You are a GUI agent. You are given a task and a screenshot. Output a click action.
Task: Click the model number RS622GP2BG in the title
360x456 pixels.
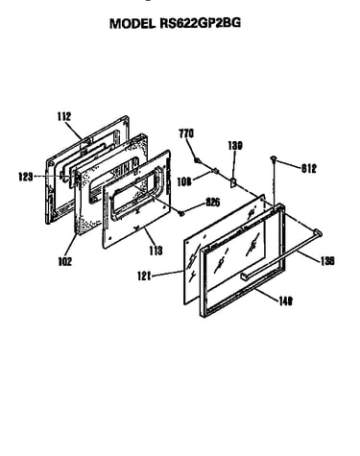point(200,23)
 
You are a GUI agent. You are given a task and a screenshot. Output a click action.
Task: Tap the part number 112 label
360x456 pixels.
point(64,116)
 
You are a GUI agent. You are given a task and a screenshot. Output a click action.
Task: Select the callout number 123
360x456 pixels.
point(26,177)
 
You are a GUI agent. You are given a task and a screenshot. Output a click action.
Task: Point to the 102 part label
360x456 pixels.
point(65,261)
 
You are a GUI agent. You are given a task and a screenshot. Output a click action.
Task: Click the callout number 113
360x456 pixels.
point(156,251)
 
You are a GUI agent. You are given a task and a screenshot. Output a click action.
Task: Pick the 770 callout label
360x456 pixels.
point(186,133)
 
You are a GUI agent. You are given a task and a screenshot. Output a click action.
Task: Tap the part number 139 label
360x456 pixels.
point(235,146)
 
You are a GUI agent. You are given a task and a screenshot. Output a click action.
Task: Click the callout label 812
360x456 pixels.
point(309,168)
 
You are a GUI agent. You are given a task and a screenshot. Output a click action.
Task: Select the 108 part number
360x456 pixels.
point(184,181)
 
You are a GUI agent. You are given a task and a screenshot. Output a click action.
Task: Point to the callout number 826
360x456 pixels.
point(213,203)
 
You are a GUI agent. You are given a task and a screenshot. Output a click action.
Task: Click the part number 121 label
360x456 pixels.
point(144,276)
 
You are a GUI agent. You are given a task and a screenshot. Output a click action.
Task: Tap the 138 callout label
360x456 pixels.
point(327,261)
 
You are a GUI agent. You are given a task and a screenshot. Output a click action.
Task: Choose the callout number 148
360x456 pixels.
point(285,301)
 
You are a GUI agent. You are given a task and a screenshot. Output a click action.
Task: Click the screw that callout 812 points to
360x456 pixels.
point(274,158)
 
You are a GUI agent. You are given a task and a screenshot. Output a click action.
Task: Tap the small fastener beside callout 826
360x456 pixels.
point(181,212)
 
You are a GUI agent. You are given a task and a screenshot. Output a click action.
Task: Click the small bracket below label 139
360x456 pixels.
point(233,182)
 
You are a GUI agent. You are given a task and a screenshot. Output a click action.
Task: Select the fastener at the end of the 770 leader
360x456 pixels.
point(198,159)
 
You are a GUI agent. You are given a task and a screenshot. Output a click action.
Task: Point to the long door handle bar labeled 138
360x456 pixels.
point(281,254)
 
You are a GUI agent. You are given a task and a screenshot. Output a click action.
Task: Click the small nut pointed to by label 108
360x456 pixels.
point(215,171)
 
